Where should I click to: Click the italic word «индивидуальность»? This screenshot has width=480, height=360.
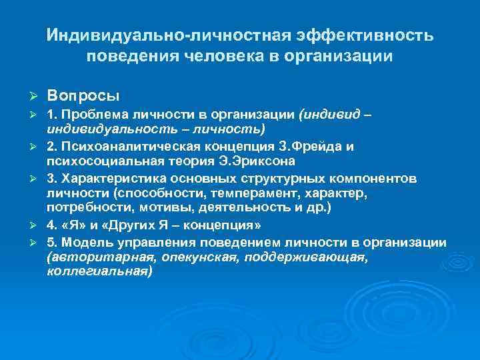pos(103,128)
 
